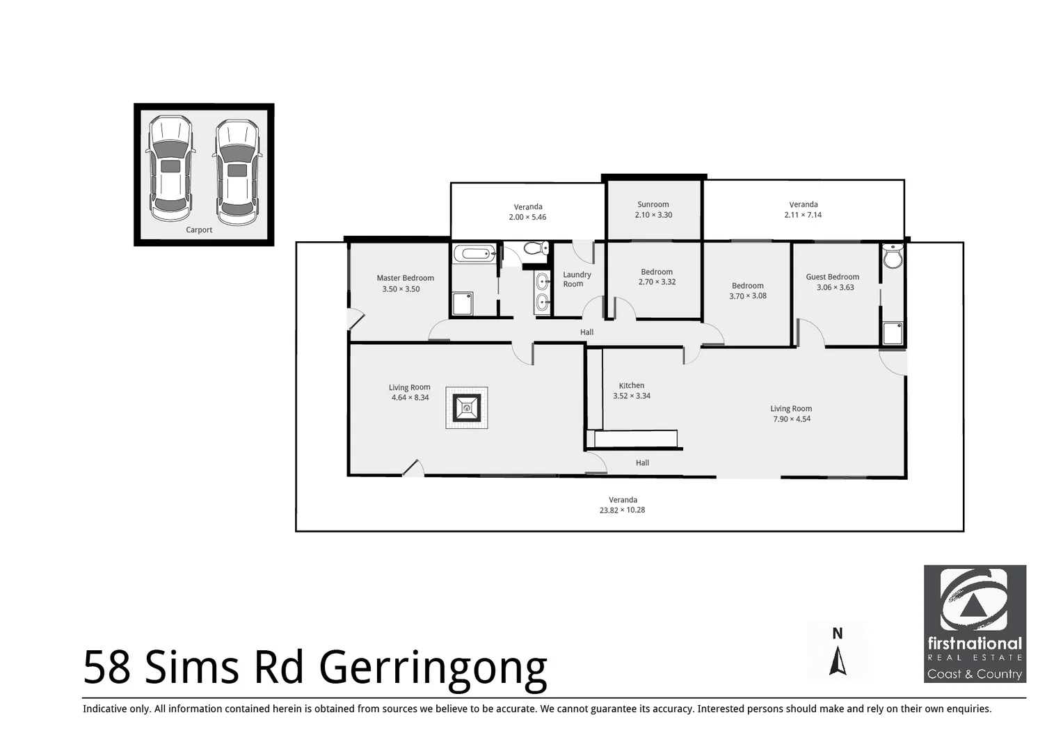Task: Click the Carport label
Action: coord(199,230)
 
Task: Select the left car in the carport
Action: coord(170,168)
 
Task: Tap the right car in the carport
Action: coord(237,168)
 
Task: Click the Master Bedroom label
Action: coord(405,278)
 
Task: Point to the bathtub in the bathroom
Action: coord(474,253)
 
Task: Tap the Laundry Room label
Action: coord(576,280)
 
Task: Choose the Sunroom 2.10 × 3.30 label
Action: coord(653,210)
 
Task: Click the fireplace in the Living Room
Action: coord(466,407)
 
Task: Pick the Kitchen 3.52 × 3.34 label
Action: coord(632,391)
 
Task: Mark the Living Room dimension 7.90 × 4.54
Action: coord(792,419)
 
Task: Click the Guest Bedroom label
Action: coord(832,277)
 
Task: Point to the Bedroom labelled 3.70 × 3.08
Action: coord(747,291)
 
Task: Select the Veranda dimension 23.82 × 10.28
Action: coord(623,510)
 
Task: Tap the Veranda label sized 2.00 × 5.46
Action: coord(528,212)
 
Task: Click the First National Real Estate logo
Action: coord(974,624)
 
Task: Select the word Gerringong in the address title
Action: coord(433,668)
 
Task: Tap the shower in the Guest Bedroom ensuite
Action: coord(893,333)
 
